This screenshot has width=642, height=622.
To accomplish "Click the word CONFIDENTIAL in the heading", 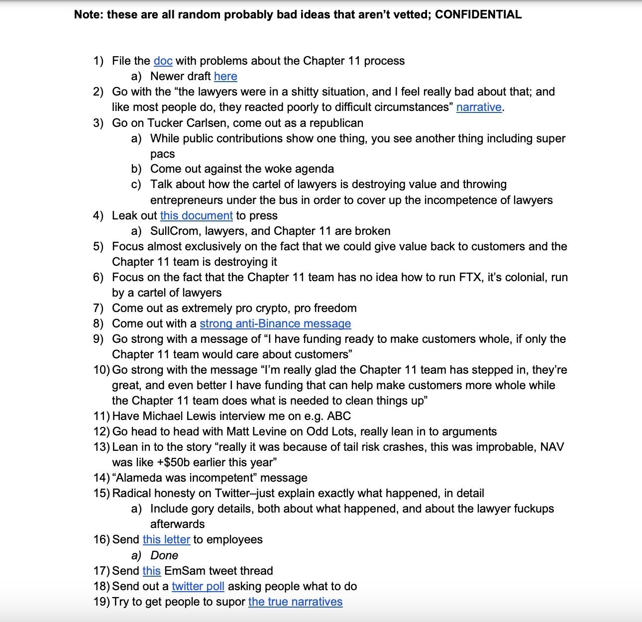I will coord(478,14).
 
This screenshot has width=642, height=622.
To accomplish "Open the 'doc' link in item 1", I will coord(163,61).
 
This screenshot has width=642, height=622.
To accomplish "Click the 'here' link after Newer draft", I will coord(225,76).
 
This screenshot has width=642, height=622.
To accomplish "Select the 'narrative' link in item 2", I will coord(479,107).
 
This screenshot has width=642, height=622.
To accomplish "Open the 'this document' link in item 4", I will coord(196,215).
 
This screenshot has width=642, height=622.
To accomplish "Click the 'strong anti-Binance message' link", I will coord(275,323).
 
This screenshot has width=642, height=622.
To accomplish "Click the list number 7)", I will coord(98,308).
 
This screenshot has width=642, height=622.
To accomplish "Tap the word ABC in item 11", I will coord(339,416).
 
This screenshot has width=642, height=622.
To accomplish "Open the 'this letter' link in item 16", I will coord(166,539).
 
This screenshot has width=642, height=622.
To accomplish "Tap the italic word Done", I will coord(164,555).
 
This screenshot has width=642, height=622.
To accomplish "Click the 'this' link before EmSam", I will coord(151,571).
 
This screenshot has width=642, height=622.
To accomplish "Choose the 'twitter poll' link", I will coord(198,586).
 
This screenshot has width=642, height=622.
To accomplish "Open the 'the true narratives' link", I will coord(295,602).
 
